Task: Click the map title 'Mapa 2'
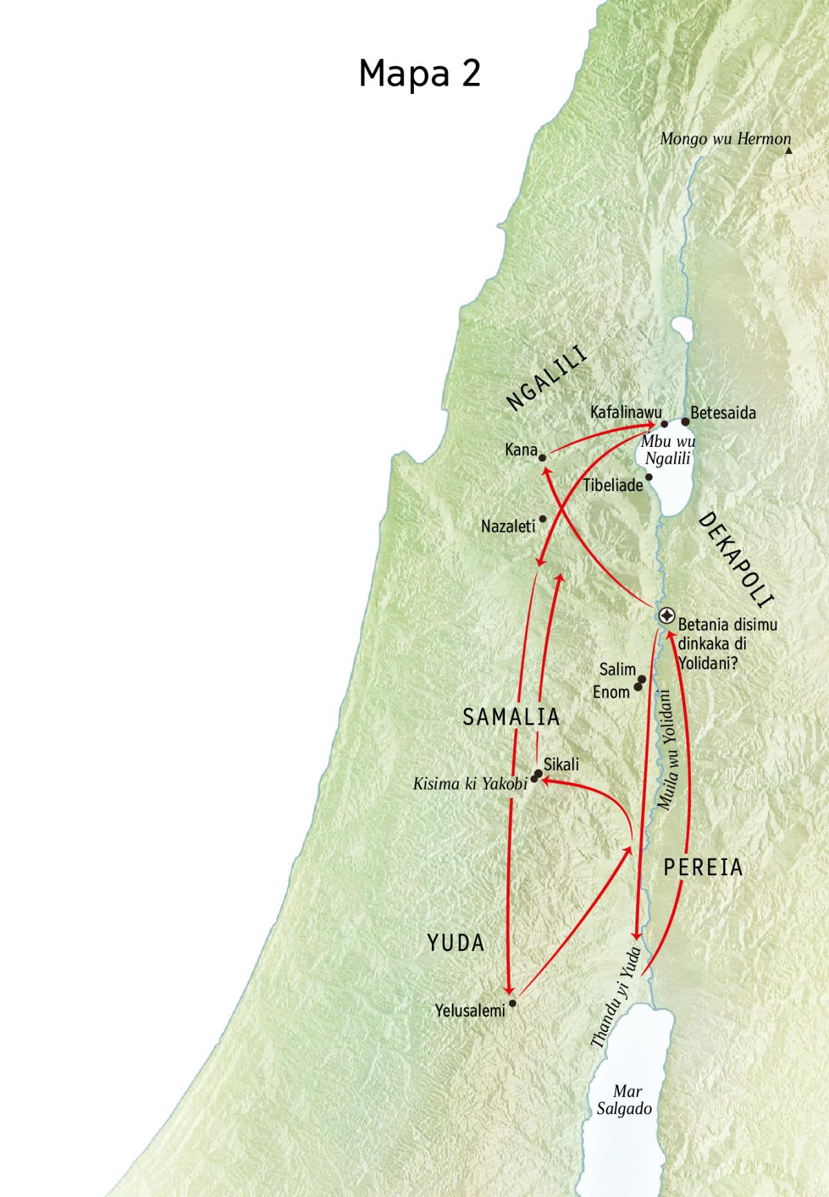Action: coord(419,73)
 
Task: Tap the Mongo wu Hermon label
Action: coord(724,139)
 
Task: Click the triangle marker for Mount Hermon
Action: coord(788,149)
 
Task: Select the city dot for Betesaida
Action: coord(685,421)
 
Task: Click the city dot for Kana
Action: coord(542,457)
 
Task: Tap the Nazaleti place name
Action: coord(508,527)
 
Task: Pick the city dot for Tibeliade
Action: coord(648,477)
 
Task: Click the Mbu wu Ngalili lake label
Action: coord(668,450)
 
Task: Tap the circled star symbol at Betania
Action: coord(667,615)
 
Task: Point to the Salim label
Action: coord(617,669)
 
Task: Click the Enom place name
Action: coord(611,691)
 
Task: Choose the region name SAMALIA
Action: coord(511,717)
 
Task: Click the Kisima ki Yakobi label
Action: coord(470,784)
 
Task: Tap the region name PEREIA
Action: coord(703,868)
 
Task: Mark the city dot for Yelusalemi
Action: coord(512,1003)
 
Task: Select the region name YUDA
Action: coord(456,943)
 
